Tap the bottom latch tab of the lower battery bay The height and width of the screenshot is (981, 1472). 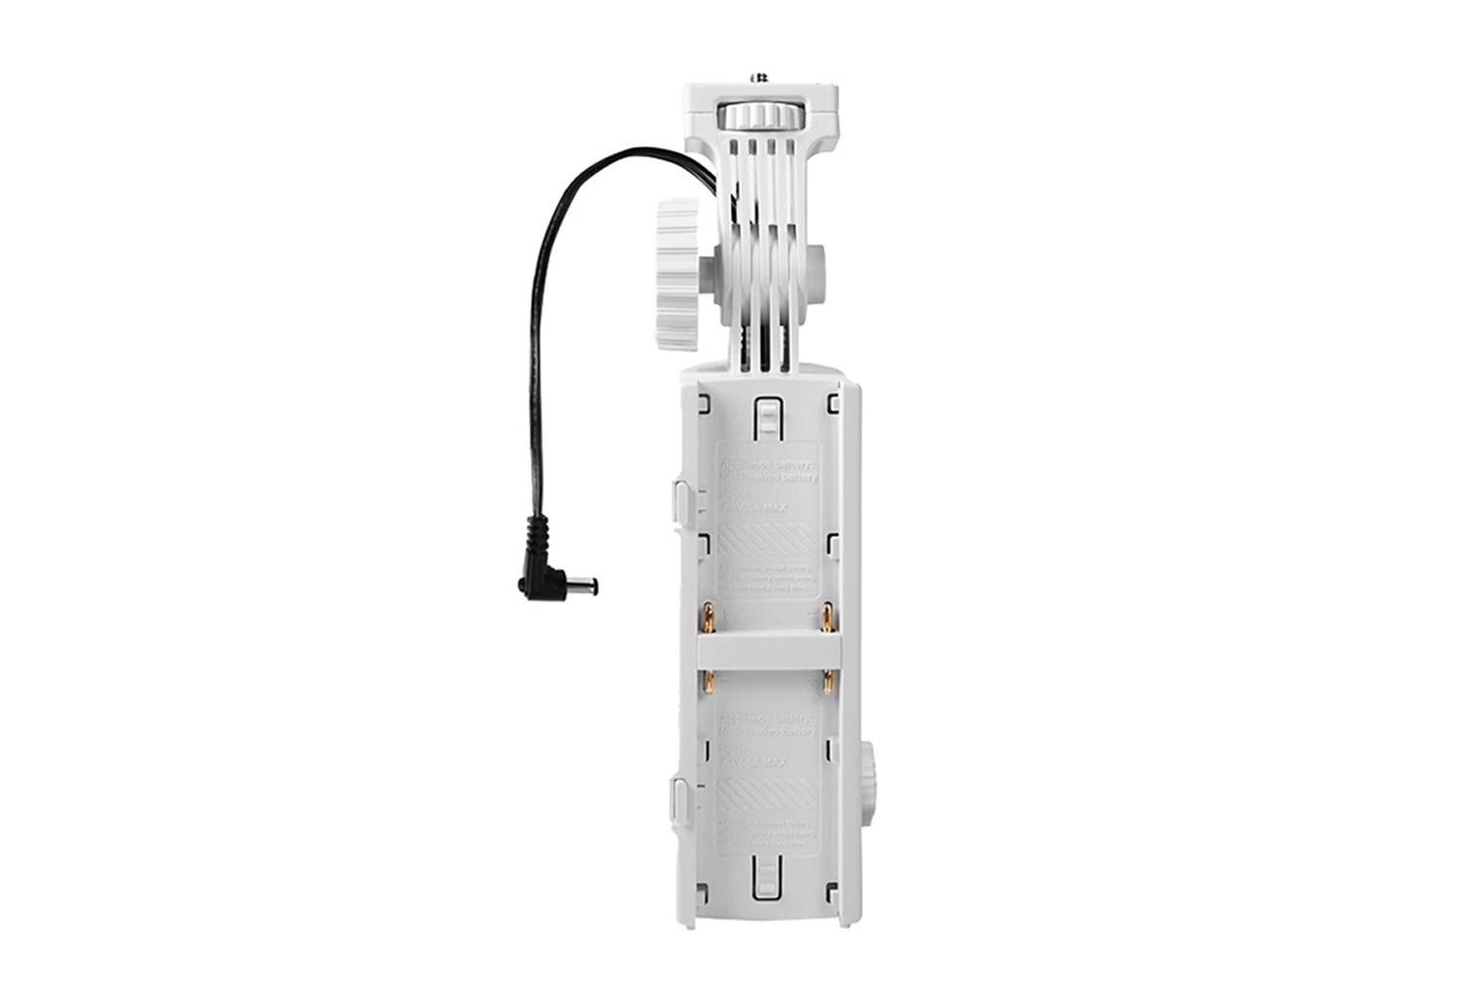pyautogui.click(x=765, y=876)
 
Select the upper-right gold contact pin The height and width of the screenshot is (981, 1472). pyautogui.click(x=827, y=618)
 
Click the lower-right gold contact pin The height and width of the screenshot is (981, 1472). pyautogui.click(x=827, y=680)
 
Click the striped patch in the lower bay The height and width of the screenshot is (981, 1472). pyautogui.click(x=766, y=795)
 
